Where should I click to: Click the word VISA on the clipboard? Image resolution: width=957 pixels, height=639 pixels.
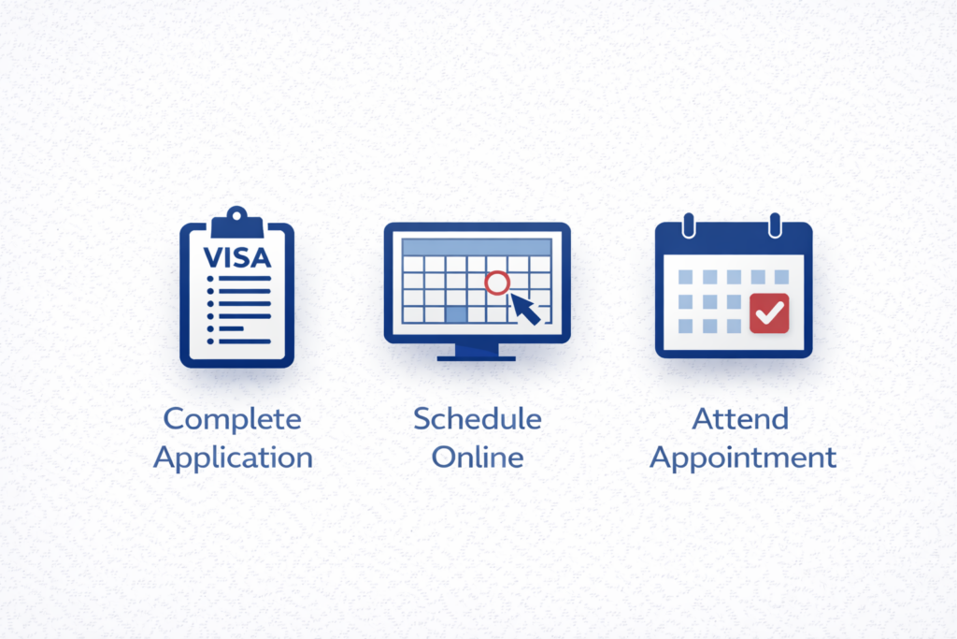coord(236,258)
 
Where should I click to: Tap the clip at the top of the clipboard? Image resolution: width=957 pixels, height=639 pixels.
coord(236,223)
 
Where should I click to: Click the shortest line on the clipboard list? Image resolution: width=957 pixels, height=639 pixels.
coord(232,328)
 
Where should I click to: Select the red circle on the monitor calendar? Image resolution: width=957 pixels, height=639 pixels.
coord(497,283)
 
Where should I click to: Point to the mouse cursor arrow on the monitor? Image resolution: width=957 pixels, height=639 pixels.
coord(525,309)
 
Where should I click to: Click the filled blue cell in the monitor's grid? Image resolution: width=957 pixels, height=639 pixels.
coord(456,314)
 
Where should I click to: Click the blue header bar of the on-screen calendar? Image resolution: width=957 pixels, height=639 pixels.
coord(477,247)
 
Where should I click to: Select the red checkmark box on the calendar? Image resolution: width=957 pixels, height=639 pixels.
coord(769,313)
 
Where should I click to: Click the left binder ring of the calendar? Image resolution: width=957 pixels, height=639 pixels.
coord(689,225)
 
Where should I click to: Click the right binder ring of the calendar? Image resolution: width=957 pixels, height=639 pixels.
coord(775,225)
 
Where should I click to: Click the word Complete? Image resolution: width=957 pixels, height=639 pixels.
coord(233,420)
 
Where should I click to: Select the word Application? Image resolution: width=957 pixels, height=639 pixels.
coord(233,458)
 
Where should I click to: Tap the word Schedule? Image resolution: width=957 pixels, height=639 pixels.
coord(478,419)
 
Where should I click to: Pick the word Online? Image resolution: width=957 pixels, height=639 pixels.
coord(478,457)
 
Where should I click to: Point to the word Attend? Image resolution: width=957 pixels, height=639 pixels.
coord(740,419)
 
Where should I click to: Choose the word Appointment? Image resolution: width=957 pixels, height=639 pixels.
coord(743,458)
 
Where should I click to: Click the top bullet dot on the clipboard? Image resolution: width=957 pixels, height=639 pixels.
coord(210,279)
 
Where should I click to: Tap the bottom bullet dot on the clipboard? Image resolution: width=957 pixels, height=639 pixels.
coord(210,341)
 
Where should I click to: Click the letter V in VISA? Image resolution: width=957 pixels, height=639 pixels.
coord(213,258)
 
